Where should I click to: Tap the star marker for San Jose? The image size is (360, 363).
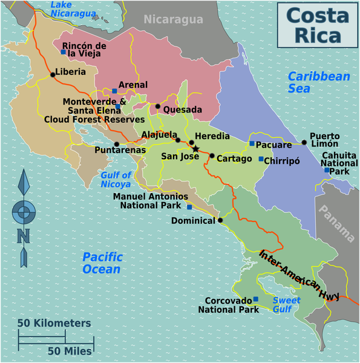195,149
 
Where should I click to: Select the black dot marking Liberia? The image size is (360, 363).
53,74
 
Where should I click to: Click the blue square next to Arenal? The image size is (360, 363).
114,91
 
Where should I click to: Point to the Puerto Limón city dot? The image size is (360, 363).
304,143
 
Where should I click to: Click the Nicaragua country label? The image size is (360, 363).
173,20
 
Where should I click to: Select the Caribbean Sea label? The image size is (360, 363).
319,82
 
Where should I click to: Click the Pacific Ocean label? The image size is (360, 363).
101,263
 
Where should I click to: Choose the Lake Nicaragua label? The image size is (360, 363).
73,8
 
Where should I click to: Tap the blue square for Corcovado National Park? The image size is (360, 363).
256,299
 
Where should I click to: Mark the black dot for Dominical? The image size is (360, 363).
221,220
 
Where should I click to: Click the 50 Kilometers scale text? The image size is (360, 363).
54,323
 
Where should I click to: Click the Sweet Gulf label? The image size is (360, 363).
286,304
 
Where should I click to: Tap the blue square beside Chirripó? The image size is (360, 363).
261,159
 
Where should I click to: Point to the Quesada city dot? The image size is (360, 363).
157,106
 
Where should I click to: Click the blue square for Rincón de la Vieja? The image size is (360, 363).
63,52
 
